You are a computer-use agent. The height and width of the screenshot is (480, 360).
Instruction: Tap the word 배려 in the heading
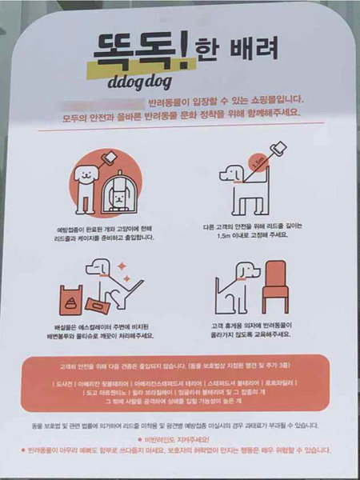[x=254, y=50]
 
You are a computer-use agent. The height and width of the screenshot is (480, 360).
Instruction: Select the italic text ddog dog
[x=142, y=82]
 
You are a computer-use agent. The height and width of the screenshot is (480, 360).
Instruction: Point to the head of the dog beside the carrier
[x=83, y=172]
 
